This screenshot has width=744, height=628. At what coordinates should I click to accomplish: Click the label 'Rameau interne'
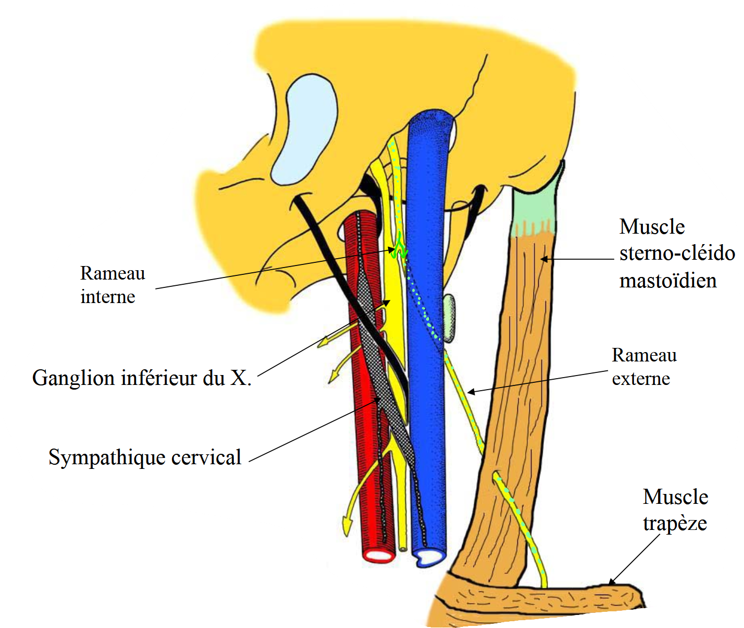[x=113, y=285]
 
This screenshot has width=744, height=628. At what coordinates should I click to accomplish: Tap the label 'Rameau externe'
[x=644, y=367]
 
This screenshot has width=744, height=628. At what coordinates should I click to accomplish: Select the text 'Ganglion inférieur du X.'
[x=142, y=378]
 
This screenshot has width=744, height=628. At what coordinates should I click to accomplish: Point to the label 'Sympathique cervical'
[x=145, y=457]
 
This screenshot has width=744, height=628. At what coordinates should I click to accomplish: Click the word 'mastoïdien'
[x=668, y=281]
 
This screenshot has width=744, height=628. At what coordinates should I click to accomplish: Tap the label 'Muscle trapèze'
[x=675, y=510]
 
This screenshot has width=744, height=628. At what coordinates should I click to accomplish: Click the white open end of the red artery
[x=379, y=555]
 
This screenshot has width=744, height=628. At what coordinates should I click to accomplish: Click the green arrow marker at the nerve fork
[x=401, y=247]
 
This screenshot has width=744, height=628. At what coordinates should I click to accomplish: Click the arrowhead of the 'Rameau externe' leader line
[x=470, y=391]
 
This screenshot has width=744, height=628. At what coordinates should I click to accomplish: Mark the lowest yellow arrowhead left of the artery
[x=345, y=526]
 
